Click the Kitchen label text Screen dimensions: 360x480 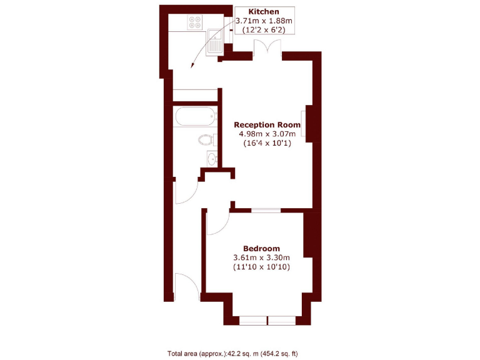coord(263,12)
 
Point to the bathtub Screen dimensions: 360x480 coord(195,116)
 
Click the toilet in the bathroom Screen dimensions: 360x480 coord(206,140)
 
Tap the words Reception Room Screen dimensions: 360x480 coord(267,124)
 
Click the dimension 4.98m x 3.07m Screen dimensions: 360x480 coord(267,134)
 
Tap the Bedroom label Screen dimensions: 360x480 coord(261,248)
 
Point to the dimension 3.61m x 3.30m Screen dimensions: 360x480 coord(261,257)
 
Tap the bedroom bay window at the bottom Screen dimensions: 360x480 coord(267,321)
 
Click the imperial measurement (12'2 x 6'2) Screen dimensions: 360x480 coord(263,30)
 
